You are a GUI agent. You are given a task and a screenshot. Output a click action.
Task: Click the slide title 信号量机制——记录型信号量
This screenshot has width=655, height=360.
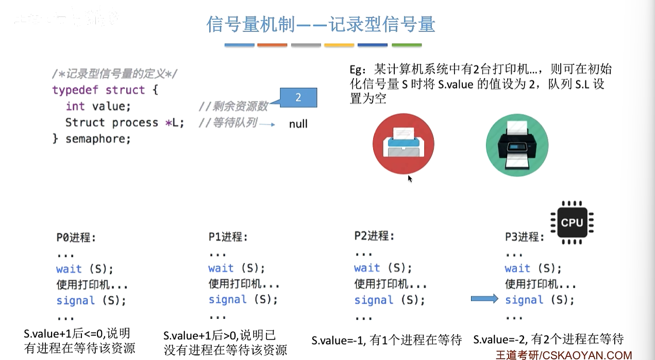(x=321, y=24)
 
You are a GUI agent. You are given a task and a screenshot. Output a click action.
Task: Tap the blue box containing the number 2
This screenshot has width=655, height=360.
(x=298, y=97)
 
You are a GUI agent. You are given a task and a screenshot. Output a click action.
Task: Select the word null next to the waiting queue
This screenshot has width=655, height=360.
(x=298, y=124)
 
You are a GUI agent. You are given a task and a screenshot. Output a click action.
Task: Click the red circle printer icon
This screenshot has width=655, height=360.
(x=403, y=144)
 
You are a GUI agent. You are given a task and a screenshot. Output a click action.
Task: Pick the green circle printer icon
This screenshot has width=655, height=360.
(x=517, y=144)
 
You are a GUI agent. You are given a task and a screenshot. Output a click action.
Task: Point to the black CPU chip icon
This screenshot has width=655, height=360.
(x=572, y=222)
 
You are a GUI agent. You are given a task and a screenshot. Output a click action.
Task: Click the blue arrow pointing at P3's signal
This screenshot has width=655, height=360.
(x=484, y=299)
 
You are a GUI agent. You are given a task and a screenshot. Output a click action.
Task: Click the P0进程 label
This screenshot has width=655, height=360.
(x=76, y=237)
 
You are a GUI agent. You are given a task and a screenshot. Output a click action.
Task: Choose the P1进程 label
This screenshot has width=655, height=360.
(x=228, y=237)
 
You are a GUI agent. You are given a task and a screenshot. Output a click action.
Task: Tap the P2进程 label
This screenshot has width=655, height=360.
(x=374, y=236)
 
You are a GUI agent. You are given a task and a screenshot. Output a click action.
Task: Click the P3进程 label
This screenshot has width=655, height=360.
(x=525, y=237)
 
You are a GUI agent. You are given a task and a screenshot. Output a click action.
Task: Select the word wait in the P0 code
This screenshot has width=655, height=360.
(x=69, y=269)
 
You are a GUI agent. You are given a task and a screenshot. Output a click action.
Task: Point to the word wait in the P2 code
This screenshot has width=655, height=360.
(x=367, y=268)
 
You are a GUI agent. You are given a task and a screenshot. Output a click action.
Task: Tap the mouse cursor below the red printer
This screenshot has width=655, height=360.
(x=410, y=179)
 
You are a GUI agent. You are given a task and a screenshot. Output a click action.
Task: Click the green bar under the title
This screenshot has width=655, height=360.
(x=407, y=45)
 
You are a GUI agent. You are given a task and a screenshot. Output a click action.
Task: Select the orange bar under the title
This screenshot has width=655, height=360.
(x=272, y=45)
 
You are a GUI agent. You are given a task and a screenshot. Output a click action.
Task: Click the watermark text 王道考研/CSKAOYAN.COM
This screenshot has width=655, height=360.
(x=563, y=355)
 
